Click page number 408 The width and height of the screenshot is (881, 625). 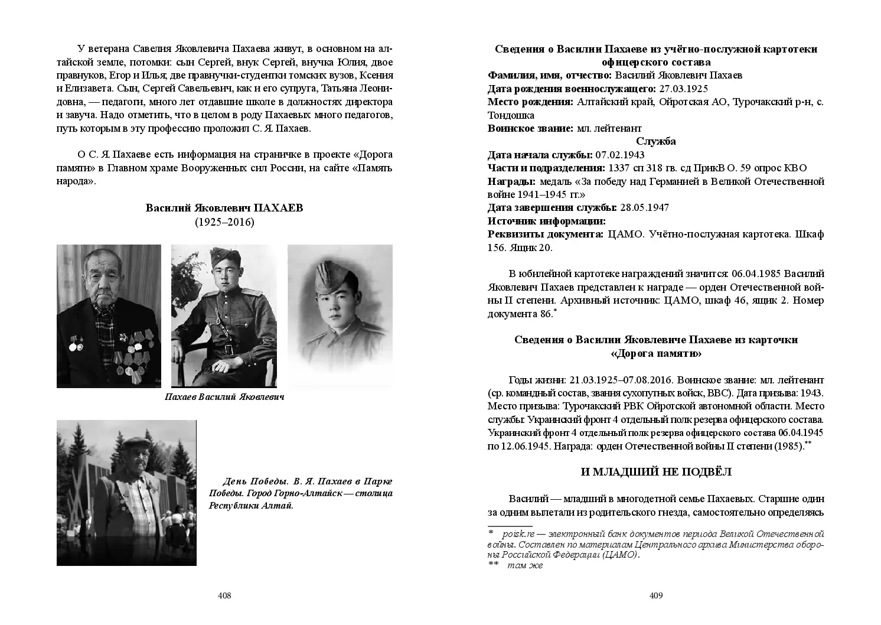[224, 595]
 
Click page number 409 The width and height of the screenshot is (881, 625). [656, 595]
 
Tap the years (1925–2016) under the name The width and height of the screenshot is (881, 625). [224, 222]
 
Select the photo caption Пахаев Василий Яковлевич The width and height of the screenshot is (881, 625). [224, 397]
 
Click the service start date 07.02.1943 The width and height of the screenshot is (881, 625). [620, 155]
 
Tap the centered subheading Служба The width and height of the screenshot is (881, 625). [656, 141]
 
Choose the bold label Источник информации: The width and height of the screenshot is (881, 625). [547, 221]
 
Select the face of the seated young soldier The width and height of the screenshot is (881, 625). [226, 278]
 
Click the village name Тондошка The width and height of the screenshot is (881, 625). [511, 115]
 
